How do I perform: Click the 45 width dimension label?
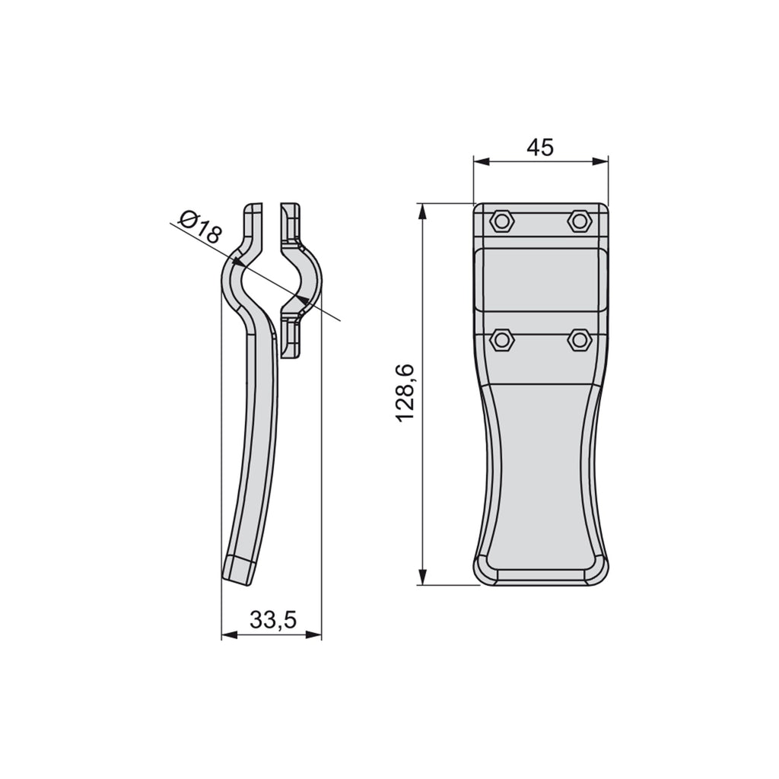539,148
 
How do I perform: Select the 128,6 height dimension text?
405,393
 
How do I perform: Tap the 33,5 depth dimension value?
273,619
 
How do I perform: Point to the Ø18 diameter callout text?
199,227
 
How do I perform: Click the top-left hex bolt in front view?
502,221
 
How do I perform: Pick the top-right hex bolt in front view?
579,221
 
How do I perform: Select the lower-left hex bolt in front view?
502,340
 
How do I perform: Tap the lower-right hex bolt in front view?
579,340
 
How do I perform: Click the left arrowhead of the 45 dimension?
482,161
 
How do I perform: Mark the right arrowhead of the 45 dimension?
599,161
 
